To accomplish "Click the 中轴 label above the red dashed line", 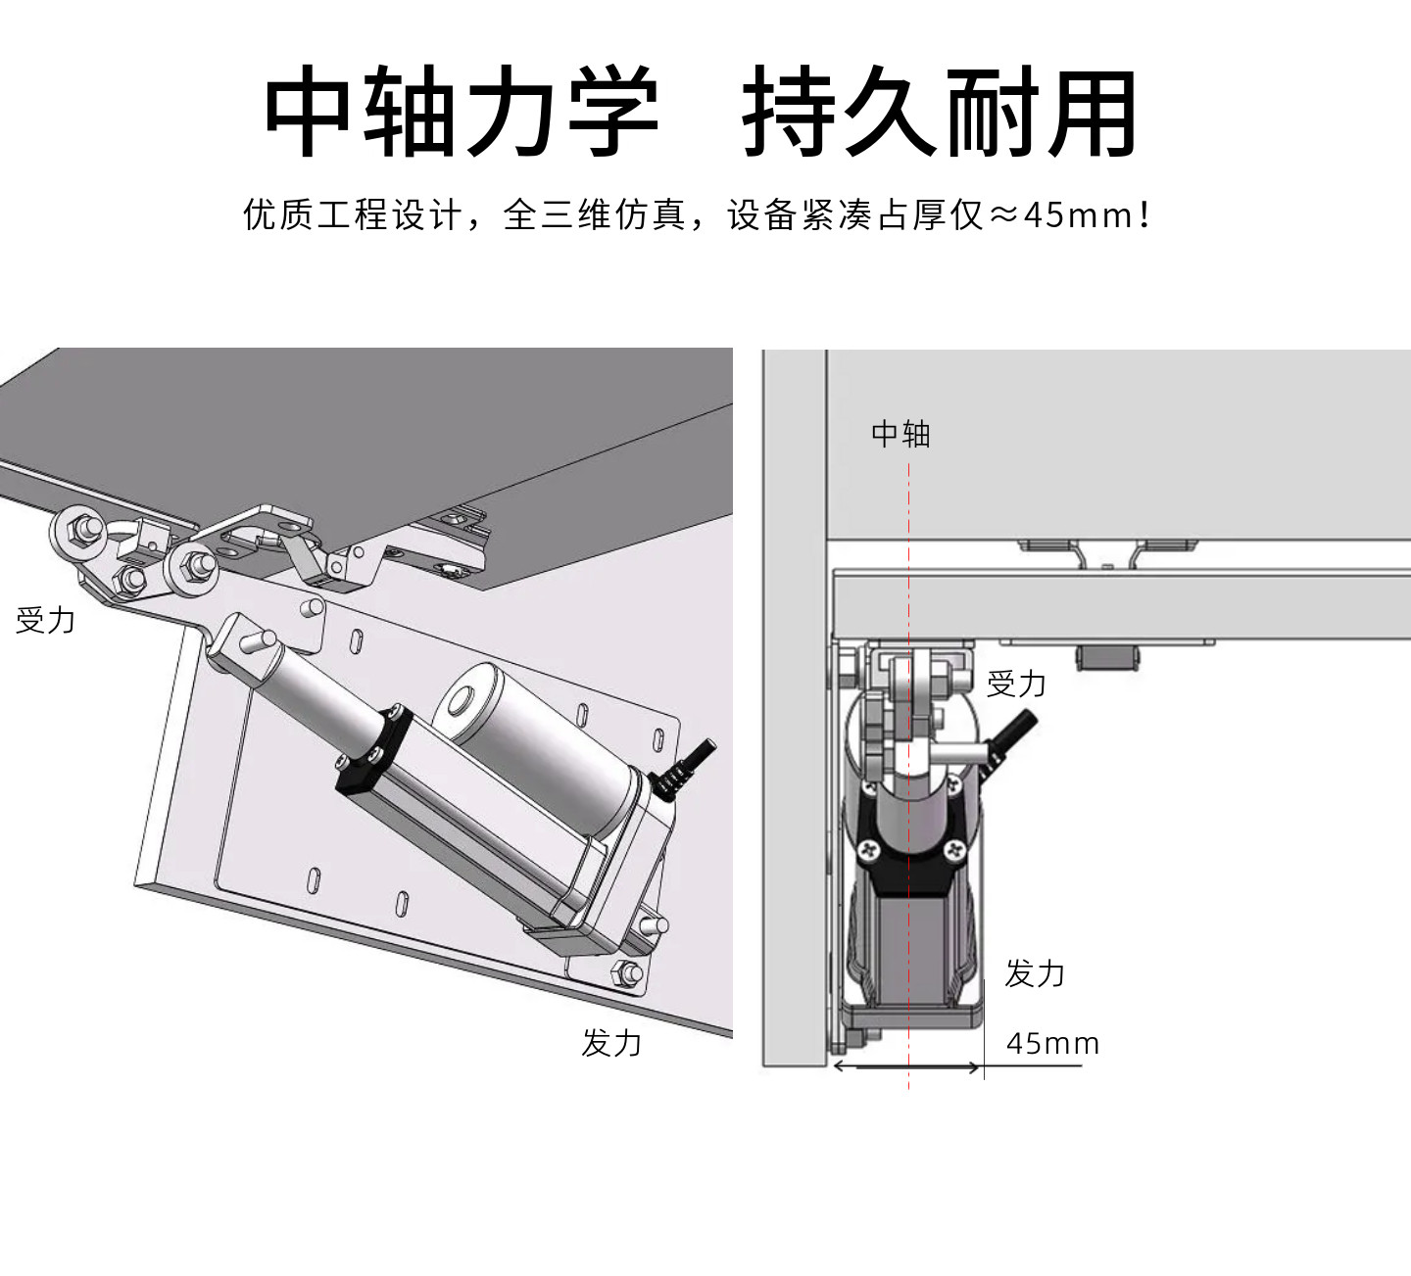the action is [x=900, y=434].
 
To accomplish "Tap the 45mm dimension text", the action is [x=1052, y=1044].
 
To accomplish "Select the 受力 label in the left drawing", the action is [x=45, y=620].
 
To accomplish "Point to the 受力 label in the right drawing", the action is [x=1016, y=685].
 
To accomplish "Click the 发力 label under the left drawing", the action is [x=610, y=1043].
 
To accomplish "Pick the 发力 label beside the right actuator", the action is [x=1034, y=973].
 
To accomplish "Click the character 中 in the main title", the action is [x=307, y=111].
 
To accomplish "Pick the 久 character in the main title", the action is [x=888, y=111].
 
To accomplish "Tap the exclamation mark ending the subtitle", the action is [x=1145, y=215].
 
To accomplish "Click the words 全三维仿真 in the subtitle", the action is [x=595, y=215].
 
